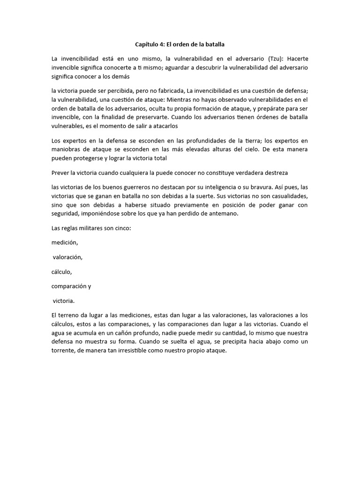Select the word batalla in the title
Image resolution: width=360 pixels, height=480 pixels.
point(213,45)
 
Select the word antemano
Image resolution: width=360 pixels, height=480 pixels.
point(226,214)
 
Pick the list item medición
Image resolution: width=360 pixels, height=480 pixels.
point(65,242)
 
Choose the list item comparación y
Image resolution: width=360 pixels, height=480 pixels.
point(71,285)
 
